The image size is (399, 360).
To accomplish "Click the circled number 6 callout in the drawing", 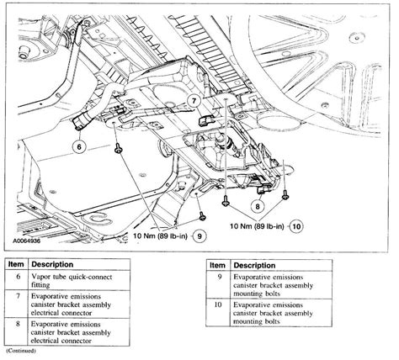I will (80, 146).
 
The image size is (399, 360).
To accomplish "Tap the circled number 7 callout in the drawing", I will (193, 101).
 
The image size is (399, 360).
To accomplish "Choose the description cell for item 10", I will (290, 314).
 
